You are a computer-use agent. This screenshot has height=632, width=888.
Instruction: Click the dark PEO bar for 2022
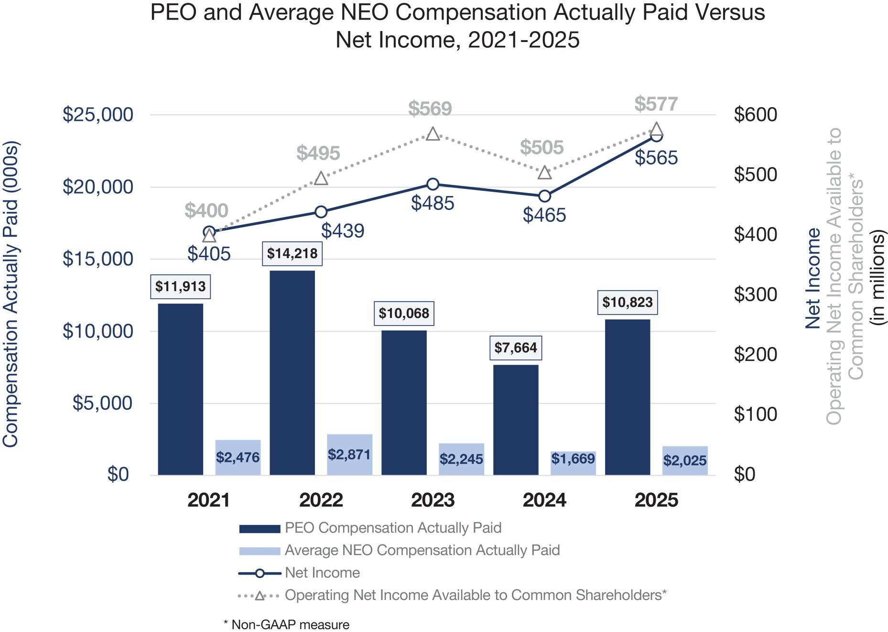tap(292, 373)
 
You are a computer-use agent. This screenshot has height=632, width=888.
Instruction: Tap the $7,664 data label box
tap(516, 348)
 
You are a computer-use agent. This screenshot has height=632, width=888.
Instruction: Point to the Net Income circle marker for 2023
tap(433, 184)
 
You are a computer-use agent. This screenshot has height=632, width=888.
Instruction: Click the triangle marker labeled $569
tap(433, 134)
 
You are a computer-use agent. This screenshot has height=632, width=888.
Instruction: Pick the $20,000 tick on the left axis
tap(97, 187)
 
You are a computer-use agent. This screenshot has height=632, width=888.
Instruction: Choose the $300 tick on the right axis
tap(755, 294)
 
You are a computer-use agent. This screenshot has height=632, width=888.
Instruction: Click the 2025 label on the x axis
tap(656, 500)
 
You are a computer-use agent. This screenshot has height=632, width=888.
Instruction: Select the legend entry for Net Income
tap(322, 573)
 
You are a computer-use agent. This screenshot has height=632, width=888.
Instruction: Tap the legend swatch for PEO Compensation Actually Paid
tap(260, 528)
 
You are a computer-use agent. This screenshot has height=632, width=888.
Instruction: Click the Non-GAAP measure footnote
tap(287, 625)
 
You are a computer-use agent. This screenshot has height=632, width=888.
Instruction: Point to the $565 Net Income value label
tap(656, 158)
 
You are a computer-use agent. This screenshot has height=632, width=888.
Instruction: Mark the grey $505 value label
tap(541, 147)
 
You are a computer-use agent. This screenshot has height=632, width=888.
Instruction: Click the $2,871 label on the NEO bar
tap(349, 454)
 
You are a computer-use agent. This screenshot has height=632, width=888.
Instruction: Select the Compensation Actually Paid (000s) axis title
tap(11, 294)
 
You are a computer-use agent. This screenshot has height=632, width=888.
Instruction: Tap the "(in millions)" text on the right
tap(877, 277)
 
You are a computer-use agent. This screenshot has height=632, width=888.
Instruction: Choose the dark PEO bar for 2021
tap(181, 389)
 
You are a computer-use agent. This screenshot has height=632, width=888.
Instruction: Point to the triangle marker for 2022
tap(321, 178)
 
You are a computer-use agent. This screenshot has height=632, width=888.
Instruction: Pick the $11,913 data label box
tap(181, 286)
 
